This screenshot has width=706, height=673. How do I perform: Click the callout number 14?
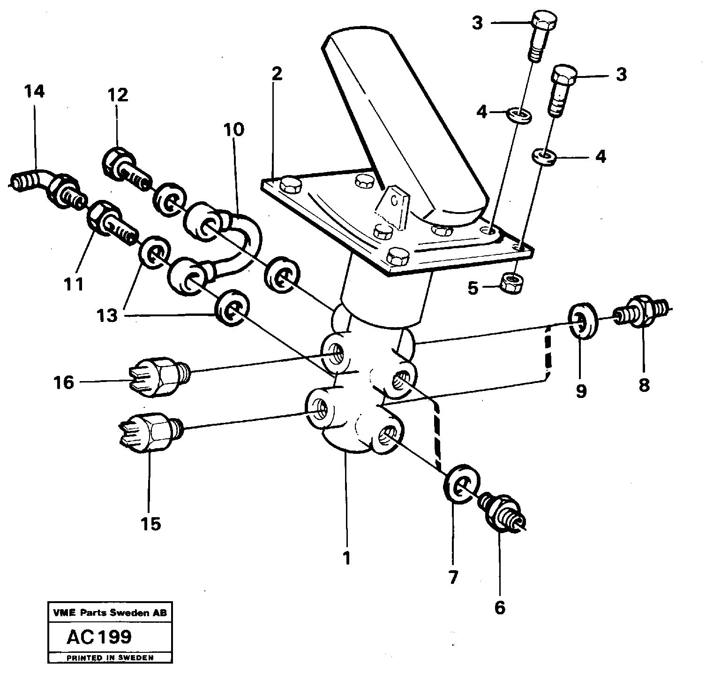pos(35,92)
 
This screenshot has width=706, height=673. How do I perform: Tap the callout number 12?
pos(117,95)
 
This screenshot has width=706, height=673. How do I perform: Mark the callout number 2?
pos(277,75)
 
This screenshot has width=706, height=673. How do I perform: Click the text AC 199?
pos(99,637)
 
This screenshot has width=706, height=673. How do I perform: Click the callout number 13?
pos(108,315)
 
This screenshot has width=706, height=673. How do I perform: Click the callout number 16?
pos(64,382)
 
